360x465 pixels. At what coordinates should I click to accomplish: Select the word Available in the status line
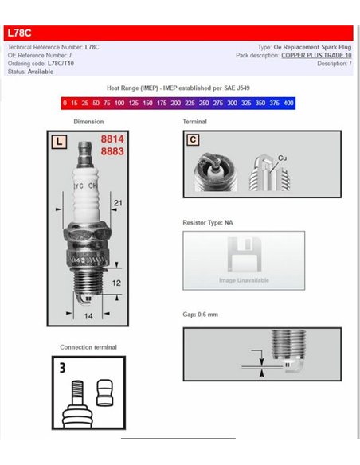coord(41,72)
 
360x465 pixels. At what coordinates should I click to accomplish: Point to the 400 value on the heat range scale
coord(288,104)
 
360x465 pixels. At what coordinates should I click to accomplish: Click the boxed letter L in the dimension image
coord(59,143)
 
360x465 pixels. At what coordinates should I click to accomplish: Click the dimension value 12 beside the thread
coord(115,283)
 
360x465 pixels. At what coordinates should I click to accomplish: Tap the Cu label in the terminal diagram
coord(282,158)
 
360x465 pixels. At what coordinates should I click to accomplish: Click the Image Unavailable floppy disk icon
coord(244,256)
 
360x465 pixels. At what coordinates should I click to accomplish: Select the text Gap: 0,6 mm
coord(201,315)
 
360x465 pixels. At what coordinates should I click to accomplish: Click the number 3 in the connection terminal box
coord(61,369)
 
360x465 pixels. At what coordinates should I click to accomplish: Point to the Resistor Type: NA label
coord(208,223)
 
